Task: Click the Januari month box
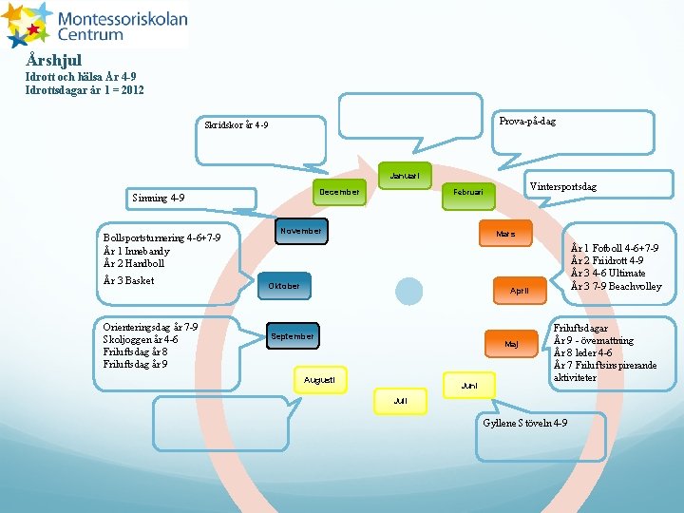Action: click(405, 176)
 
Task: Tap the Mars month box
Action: click(505, 233)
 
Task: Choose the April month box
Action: click(519, 290)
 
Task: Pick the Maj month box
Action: click(511, 343)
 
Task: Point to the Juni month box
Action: click(468, 386)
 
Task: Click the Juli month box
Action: click(400, 401)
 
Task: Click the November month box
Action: click(301, 231)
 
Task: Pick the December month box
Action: click(339, 192)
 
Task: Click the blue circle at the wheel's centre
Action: click(408, 291)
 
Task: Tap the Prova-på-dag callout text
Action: click(527, 122)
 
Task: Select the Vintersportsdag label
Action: click(562, 187)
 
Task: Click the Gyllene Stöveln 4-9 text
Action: click(525, 423)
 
